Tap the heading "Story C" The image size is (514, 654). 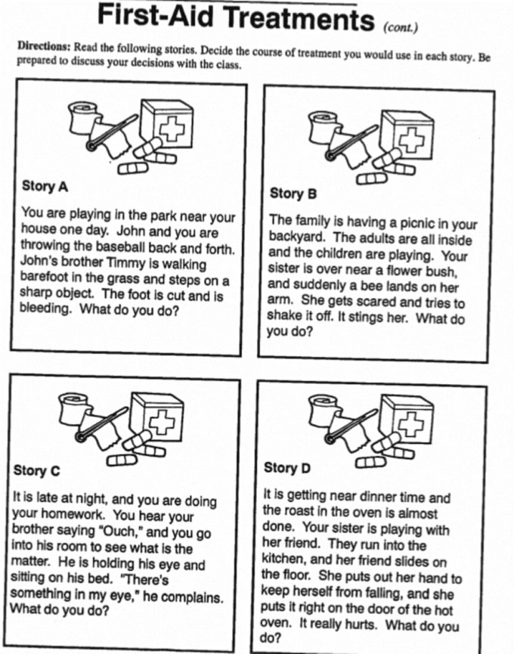[36, 470]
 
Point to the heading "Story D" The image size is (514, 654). [287, 468]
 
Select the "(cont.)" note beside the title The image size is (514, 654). [401, 28]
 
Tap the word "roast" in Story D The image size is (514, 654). [301, 512]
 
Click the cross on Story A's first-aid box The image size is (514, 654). [171, 128]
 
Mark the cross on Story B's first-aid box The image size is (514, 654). [412, 138]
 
